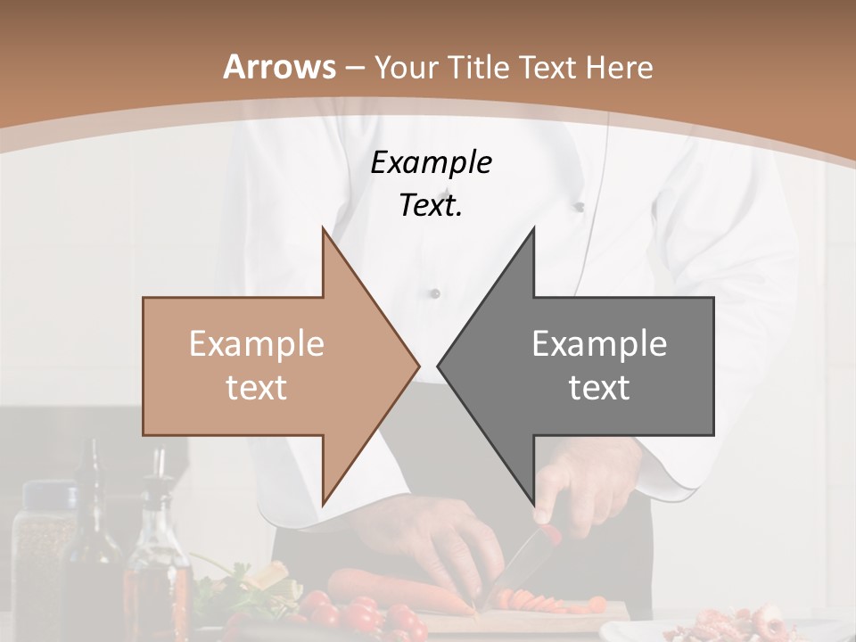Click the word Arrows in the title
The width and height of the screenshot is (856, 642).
click(280, 67)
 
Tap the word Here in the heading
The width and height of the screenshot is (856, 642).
click(618, 68)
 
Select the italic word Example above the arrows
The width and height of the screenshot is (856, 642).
click(431, 163)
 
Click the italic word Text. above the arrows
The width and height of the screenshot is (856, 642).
click(431, 206)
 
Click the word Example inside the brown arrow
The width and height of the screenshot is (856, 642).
click(256, 343)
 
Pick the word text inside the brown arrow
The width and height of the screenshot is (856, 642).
click(256, 388)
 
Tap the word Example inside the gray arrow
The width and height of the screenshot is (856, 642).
click(599, 343)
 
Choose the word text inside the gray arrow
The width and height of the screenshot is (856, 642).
click(599, 388)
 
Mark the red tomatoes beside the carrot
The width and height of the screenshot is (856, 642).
click(357, 615)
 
